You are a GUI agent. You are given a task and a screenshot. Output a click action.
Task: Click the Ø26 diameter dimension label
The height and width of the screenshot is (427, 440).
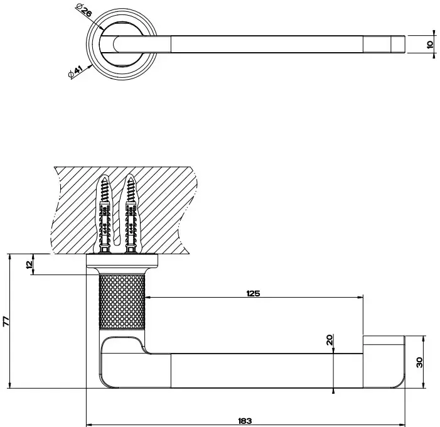83,10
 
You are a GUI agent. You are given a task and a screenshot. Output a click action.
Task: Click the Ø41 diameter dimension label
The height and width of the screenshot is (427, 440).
75,72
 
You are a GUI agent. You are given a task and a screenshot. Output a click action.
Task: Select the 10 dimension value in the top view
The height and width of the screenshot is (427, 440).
429,45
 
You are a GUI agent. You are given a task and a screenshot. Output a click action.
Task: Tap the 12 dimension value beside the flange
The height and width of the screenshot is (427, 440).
30,264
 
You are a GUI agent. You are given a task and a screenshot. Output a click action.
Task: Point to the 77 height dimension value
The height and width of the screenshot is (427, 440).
6,322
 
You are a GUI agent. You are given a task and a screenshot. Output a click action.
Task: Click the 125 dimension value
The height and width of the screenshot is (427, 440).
253,294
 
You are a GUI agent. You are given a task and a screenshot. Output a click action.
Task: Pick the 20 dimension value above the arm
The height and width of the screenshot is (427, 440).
330,340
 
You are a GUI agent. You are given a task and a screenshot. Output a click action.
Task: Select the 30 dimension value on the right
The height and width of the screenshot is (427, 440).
419,362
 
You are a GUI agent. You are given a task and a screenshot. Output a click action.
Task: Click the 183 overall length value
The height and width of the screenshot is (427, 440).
245,421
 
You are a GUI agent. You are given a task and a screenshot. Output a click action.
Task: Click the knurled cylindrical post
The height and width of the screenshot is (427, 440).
122,301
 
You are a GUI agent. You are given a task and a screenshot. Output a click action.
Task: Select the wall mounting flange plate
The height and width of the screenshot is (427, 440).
122,261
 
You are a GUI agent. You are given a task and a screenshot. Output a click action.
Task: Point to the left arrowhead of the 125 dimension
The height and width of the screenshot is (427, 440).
148,297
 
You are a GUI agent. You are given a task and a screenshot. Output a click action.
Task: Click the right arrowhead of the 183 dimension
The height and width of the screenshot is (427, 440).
402,424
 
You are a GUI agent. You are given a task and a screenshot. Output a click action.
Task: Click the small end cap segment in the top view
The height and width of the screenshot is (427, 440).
398,44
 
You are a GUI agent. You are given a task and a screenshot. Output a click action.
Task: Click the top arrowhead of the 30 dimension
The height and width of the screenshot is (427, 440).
423,339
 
